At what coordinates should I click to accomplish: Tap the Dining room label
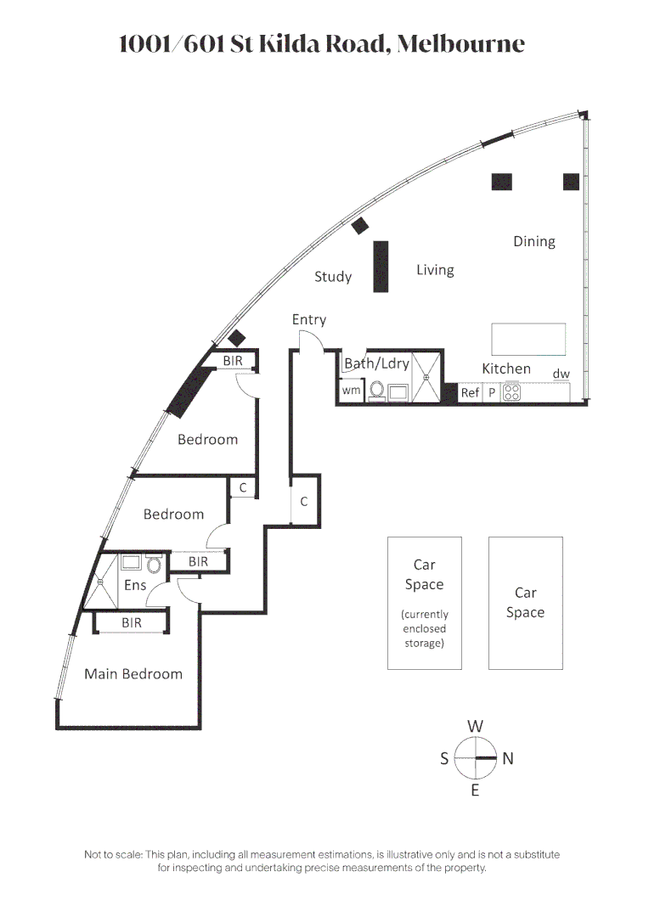tap(533, 242)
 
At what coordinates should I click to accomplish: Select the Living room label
tap(435, 270)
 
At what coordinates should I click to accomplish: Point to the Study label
tap(332, 277)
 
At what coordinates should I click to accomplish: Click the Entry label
tap(308, 320)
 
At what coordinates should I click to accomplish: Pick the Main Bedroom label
tap(133, 674)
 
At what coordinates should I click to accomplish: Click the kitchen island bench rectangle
tap(529, 340)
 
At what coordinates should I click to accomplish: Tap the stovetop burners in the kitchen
tap(512, 393)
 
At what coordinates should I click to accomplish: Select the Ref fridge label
tap(470, 393)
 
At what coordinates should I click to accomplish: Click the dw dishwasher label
tap(561, 374)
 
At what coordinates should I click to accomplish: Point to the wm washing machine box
tap(351, 391)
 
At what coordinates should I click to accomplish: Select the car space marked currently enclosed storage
tap(424, 603)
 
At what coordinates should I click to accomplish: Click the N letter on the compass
tap(508, 759)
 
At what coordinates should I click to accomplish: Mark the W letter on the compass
tap(475, 726)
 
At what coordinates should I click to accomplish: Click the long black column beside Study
tap(381, 267)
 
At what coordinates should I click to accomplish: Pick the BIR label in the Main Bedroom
tap(131, 623)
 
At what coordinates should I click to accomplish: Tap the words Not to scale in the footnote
tap(113, 854)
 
